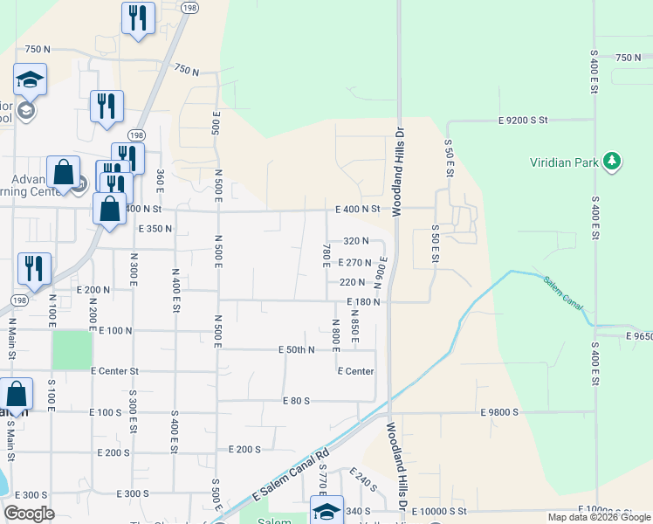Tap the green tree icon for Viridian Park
click(x=613, y=161)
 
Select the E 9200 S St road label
click(x=522, y=120)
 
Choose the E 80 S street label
click(x=297, y=401)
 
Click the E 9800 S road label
click(x=500, y=411)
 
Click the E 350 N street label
click(x=155, y=229)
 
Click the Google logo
click(x=31, y=513)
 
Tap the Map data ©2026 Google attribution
click(x=598, y=517)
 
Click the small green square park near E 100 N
click(x=72, y=350)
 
